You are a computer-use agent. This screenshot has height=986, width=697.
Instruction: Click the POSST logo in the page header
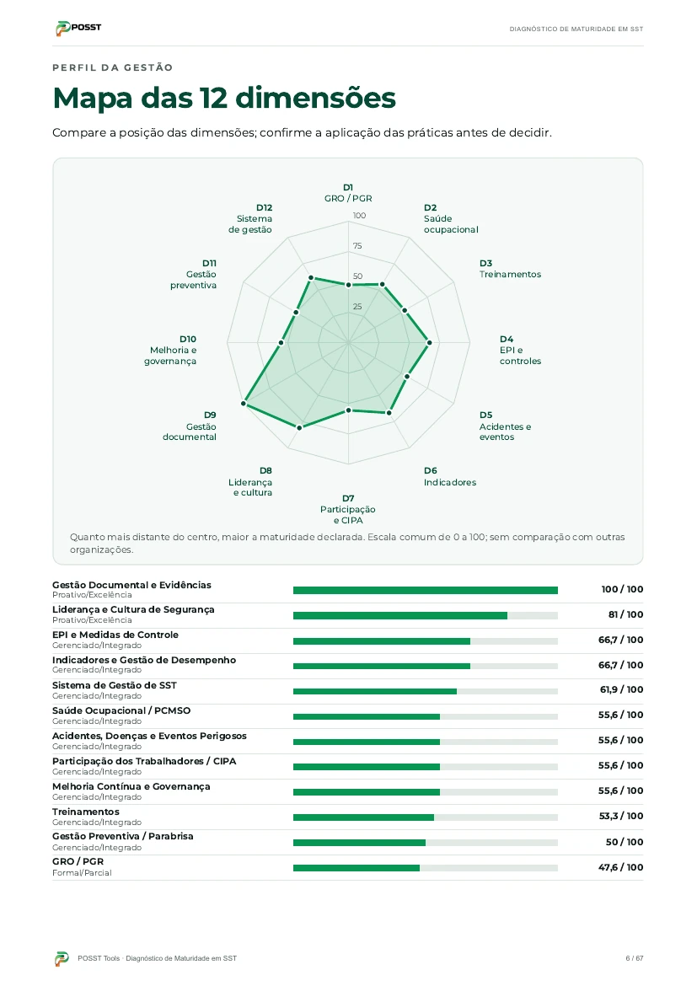[x=78, y=28]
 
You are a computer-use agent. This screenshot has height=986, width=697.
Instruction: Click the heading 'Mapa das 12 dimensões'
[x=224, y=98]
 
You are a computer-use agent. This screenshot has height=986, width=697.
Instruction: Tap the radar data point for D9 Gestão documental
[x=244, y=403]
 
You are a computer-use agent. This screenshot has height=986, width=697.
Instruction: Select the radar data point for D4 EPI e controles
[x=430, y=343]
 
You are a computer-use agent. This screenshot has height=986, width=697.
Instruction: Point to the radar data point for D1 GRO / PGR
[x=349, y=285]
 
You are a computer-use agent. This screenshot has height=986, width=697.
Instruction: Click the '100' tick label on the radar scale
[x=359, y=215]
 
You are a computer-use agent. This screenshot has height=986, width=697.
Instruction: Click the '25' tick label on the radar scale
[x=357, y=307]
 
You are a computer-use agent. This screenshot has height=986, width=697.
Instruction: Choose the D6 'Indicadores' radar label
[x=450, y=477]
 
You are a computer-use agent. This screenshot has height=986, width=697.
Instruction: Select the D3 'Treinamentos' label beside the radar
[x=510, y=269]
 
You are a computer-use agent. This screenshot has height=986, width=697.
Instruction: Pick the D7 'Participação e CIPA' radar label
[x=348, y=509]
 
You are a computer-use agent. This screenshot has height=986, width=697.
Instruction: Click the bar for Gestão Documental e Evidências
[x=426, y=590]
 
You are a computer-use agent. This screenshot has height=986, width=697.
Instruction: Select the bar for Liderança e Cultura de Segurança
[x=400, y=616]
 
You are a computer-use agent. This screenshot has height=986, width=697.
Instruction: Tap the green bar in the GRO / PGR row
[x=356, y=868]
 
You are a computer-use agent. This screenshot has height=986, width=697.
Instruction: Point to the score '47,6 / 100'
[x=621, y=867]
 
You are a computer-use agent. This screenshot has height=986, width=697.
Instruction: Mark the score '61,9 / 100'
[x=621, y=690]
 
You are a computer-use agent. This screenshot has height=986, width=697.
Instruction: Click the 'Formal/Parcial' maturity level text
[x=82, y=873]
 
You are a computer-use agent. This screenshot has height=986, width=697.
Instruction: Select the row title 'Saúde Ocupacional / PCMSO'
[x=121, y=710]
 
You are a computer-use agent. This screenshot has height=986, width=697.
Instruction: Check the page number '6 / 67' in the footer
[x=634, y=958]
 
